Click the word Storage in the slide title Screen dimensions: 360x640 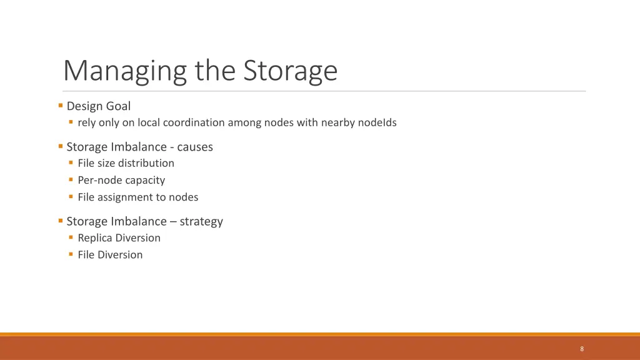coord(290,71)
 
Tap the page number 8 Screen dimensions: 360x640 coord(582,349)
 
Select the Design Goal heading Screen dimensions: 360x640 coord(98,106)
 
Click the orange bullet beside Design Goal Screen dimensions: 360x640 coord(60,106)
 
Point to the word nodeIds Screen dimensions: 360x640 coord(377,122)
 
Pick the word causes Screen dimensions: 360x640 coord(195,147)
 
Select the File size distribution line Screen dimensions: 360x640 coord(126,163)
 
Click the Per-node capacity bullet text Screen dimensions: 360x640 coord(121,180)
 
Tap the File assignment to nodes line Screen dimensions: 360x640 coord(137,197)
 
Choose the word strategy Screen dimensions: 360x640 coord(201,221)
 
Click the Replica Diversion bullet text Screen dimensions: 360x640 coord(119,238)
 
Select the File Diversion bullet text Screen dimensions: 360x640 coord(110,255)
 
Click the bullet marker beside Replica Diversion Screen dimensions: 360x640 coord(71,237)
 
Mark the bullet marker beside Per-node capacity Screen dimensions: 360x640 coord(71,179)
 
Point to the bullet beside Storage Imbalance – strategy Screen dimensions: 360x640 coord(60,221)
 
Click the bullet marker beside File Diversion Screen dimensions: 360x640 coord(71,254)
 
